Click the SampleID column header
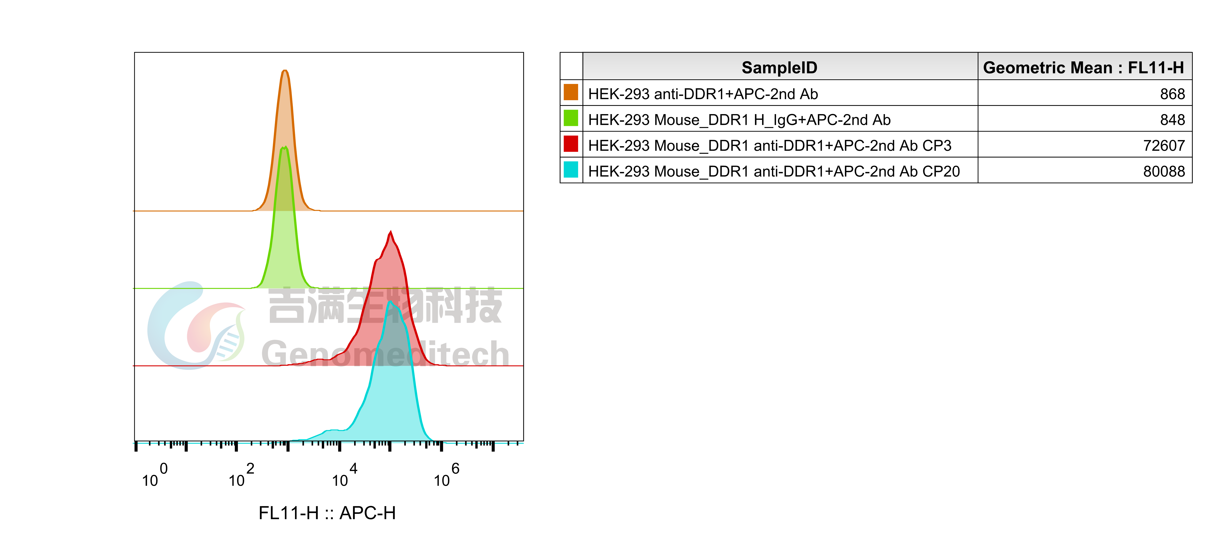779,67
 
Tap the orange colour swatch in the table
571,92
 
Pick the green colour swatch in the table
571,118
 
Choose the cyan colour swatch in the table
571,170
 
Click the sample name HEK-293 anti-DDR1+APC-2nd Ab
703,94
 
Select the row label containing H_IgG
739,119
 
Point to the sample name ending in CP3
769,146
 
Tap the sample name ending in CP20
774,171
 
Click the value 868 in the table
1172,94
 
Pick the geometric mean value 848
1172,119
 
